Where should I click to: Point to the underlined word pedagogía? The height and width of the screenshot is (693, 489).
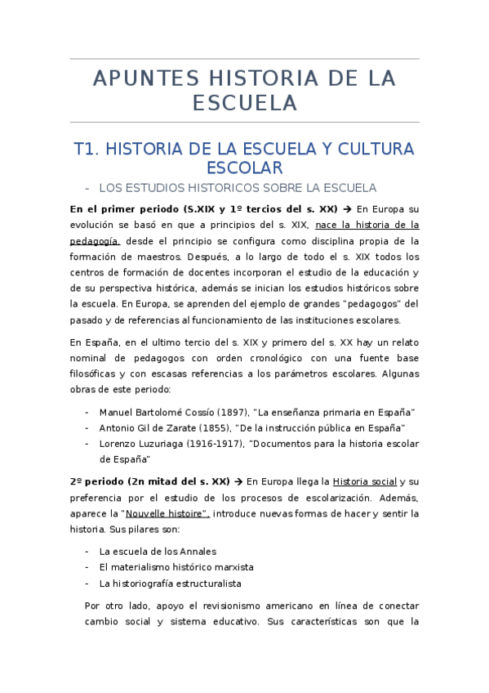pyautogui.click(x=96, y=241)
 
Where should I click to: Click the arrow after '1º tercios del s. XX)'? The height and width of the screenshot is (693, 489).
pyautogui.click(x=347, y=208)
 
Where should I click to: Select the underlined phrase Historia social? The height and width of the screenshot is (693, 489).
pyautogui.click(x=367, y=481)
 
